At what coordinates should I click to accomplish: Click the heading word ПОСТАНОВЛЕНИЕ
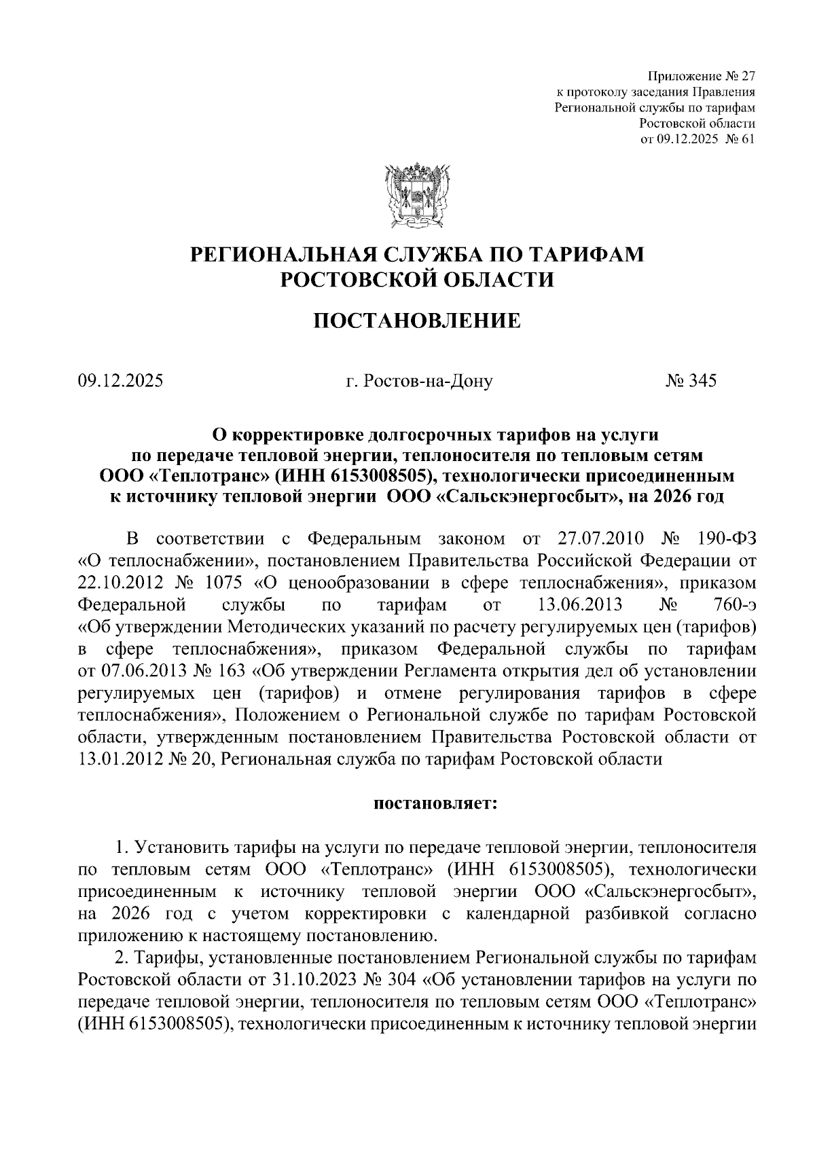[417, 321]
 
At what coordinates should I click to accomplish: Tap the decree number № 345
[691, 381]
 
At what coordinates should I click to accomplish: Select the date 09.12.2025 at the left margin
[120, 381]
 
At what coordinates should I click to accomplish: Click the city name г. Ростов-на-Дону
[419, 382]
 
